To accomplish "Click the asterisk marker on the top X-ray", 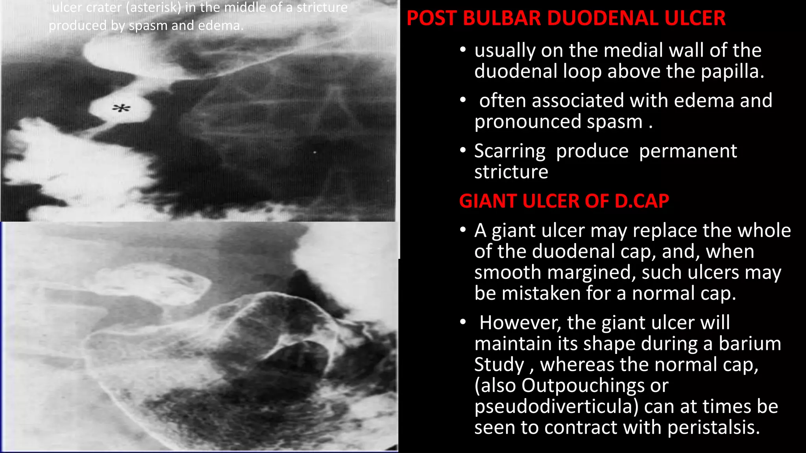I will (x=121, y=108).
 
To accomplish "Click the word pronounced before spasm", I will (x=527, y=122).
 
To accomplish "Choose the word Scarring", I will (x=510, y=151).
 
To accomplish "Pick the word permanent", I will (x=688, y=151).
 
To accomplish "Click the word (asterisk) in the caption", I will (x=153, y=8).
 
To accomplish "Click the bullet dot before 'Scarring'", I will (x=463, y=150).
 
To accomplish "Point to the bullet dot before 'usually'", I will (x=463, y=50).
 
